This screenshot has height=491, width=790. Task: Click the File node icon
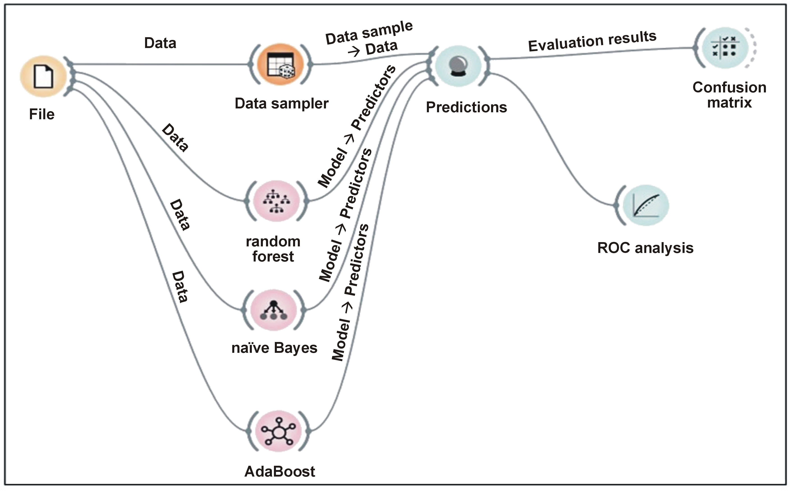43,77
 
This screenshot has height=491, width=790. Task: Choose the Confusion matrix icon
725,48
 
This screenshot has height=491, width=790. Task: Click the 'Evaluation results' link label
592,41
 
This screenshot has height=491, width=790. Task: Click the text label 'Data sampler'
282,104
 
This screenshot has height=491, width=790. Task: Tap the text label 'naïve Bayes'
274,348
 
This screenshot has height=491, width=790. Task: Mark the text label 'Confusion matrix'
729,95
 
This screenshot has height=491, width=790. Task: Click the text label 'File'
42,114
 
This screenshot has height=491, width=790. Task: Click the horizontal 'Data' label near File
160,43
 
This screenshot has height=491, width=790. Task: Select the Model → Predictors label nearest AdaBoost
350,292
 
